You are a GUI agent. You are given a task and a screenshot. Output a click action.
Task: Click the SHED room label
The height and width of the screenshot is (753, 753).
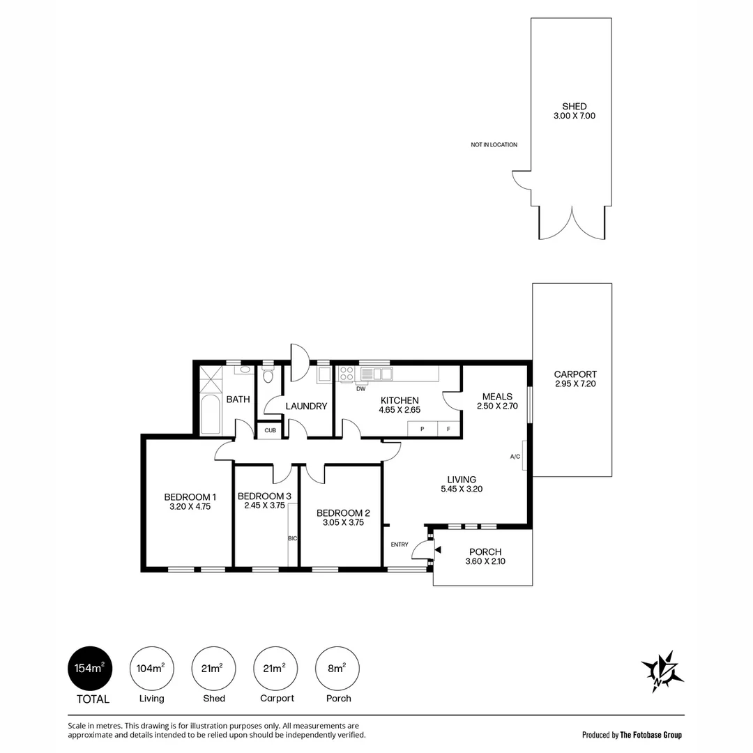575,107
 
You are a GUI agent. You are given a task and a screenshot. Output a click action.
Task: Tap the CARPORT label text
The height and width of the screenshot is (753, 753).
575,374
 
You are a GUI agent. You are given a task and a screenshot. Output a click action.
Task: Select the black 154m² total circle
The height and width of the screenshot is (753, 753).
90,669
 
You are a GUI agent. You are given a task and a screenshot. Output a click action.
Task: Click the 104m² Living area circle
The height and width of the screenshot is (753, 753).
152,669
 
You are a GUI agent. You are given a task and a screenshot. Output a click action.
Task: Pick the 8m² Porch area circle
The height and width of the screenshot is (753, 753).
337,669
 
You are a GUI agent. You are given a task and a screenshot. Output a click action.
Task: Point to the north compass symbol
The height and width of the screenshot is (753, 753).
662,671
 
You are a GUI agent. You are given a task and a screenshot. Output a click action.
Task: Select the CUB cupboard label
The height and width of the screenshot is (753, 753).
271,430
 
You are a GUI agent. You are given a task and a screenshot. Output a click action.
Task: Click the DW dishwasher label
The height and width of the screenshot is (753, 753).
361,389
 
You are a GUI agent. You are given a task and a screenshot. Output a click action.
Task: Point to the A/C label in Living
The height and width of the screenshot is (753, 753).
515,457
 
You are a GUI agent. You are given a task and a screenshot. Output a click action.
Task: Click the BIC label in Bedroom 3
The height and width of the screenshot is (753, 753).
292,538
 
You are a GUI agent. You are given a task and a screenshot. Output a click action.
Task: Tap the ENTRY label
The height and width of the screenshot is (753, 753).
400,545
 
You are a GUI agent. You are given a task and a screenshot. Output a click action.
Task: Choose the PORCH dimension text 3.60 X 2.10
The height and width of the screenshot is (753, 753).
485,561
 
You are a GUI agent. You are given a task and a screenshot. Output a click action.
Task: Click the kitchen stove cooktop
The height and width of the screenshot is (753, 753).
347,374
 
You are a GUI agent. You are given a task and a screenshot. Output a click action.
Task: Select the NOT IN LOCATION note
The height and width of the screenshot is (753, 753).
494,144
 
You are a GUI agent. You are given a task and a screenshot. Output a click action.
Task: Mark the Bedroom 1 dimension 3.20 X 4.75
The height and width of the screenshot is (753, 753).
190,507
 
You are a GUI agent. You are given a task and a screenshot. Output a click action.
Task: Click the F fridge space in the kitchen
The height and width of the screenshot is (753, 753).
448,429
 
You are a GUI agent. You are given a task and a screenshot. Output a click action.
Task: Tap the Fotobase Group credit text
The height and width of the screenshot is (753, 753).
651,735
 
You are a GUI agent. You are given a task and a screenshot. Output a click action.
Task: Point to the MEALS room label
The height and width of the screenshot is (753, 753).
498,397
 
